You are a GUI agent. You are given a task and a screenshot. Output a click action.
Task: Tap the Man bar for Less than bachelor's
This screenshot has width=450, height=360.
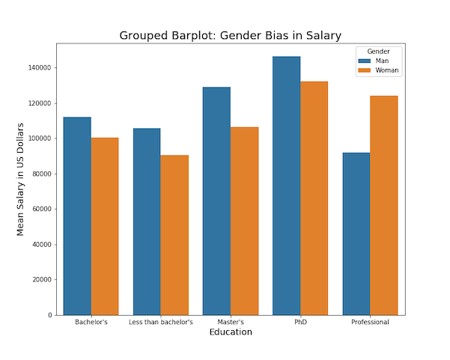coord(147,222)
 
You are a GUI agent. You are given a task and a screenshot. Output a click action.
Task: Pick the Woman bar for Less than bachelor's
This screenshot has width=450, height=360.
coord(174,235)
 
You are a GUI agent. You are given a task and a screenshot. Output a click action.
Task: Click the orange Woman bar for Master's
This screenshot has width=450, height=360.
coord(244,221)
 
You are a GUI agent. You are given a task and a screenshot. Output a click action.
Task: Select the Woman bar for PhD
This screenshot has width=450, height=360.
coord(314,198)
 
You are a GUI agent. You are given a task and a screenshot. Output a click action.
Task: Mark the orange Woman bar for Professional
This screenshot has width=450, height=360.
coord(383,205)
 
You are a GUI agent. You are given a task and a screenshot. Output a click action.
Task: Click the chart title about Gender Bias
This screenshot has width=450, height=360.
coord(230,35)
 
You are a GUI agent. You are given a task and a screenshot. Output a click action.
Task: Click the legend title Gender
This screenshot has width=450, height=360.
coord(378,51)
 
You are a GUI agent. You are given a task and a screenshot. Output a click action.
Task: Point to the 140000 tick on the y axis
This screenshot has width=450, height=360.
coord(37,68)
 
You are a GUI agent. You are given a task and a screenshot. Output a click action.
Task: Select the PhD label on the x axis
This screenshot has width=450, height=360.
coord(300,323)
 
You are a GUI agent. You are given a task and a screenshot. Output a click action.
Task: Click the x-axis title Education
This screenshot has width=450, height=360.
coord(230,332)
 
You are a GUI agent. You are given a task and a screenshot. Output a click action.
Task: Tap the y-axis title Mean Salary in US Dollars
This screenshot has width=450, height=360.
coord(22,179)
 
